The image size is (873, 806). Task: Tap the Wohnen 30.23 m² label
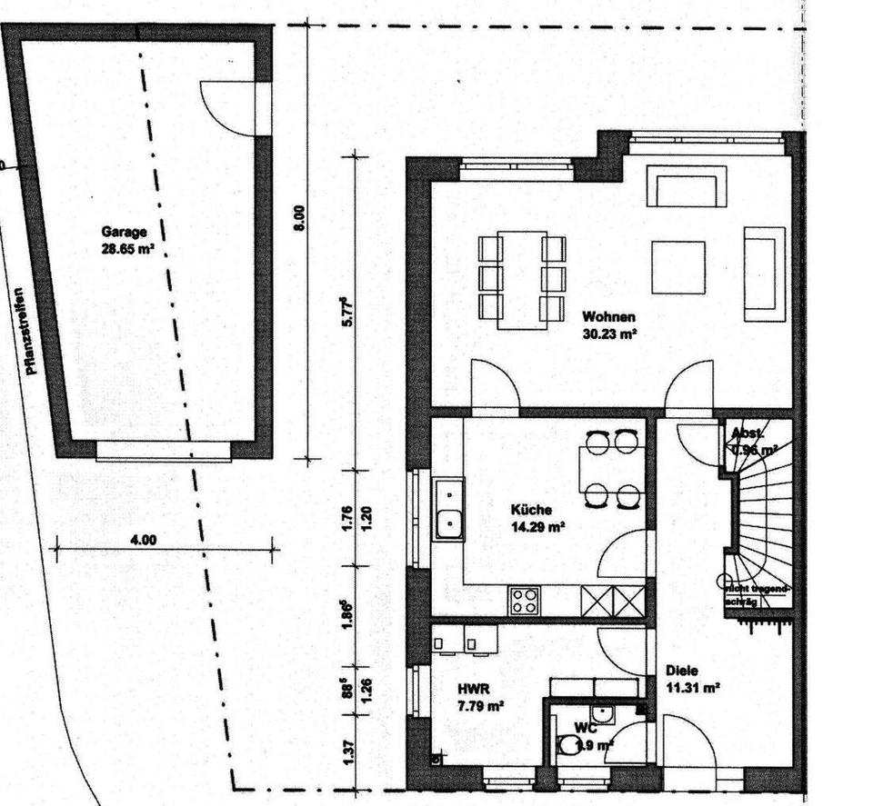point(608,325)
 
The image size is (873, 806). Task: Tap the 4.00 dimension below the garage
point(144,539)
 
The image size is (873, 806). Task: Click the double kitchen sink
point(448,510)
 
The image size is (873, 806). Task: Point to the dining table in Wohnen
point(522,279)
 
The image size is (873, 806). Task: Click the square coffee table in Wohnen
point(677,267)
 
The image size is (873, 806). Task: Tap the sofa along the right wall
point(764,274)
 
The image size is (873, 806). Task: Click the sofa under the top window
point(687,186)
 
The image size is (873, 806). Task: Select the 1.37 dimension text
point(346,751)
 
